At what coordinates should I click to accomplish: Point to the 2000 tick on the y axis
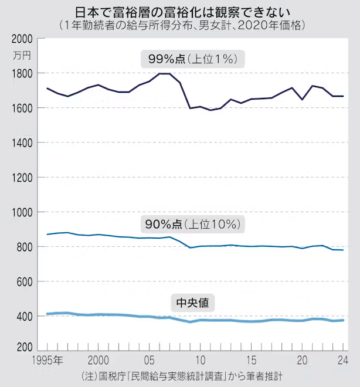click(22, 39)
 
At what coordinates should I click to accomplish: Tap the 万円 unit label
click(21, 56)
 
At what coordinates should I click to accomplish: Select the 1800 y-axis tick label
click(22, 73)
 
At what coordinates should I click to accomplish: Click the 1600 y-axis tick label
click(22, 108)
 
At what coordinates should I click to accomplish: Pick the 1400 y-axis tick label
click(22, 142)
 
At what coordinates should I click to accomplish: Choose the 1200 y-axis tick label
click(22, 177)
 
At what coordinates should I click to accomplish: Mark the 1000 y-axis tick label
click(22, 212)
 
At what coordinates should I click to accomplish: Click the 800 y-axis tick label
click(24, 247)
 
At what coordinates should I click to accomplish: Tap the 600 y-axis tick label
click(24, 281)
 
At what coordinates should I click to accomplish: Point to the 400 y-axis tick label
click(24, 317)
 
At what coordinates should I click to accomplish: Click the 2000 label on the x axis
click(98, 359)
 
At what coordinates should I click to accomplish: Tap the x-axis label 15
click(251, 359)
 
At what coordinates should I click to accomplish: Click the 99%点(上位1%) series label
click(192, 59)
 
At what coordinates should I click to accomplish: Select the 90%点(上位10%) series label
click(192, 224)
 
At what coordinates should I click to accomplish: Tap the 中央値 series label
click(192, 303)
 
